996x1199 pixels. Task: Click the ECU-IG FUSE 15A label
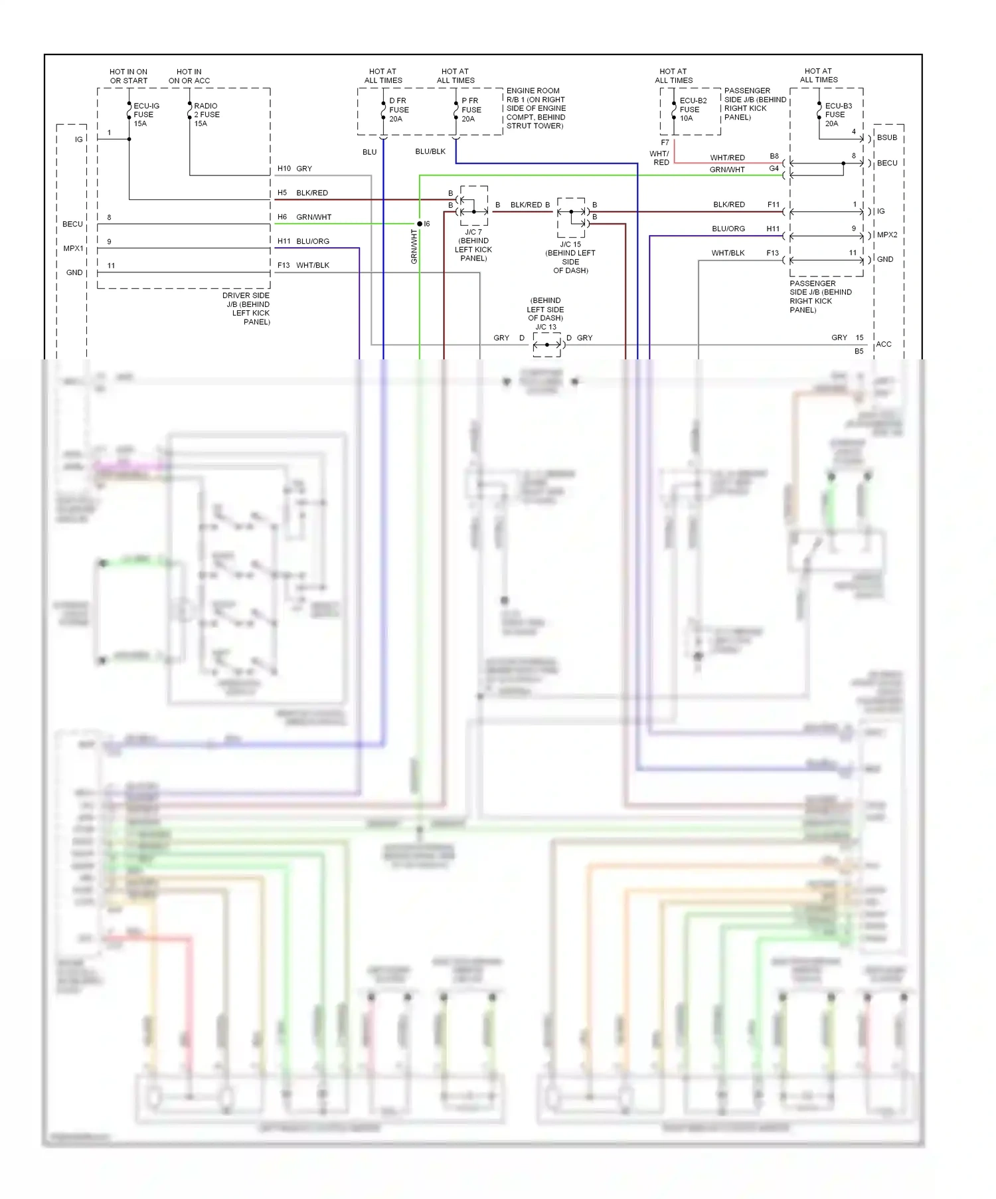(145, 114)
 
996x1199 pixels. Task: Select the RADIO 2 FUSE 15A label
(206, 114)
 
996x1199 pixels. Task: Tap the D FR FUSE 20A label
(398, 110)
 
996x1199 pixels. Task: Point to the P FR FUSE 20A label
(471, 110)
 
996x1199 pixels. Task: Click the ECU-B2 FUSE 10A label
(692, 110)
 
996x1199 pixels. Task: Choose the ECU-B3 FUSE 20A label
(837, 114)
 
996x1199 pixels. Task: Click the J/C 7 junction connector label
(473, 245)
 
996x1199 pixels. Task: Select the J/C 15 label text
(570, 244)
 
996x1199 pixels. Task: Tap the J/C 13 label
(546, 327)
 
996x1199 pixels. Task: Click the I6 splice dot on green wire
(420, 224)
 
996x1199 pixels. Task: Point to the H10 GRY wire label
(295, 169)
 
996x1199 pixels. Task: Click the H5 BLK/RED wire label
(303, 193)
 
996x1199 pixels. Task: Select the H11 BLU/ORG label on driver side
(303, 241)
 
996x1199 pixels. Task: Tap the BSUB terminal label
(886, 138)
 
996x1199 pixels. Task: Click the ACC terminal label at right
(883, 344)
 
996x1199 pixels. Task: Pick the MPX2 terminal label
(886, 235)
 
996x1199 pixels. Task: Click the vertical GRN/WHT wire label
(414, 247)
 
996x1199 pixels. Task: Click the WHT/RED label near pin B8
(727, 157)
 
